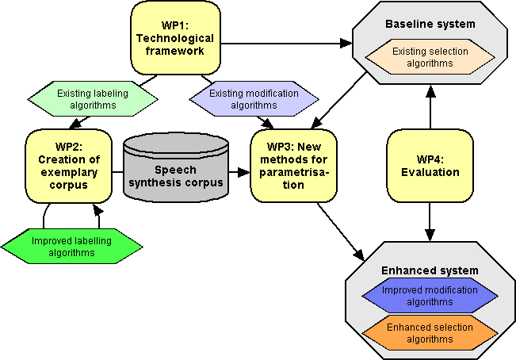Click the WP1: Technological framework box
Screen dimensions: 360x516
175,38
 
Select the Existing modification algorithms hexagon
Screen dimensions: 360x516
254,99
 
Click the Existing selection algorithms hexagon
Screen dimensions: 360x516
430,57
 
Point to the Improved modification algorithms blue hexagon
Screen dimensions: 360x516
430,296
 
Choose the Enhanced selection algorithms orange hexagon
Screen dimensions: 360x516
430,333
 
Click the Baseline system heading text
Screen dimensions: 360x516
430,25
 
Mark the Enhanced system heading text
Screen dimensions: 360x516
430,270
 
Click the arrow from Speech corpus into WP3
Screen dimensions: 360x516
238,170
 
